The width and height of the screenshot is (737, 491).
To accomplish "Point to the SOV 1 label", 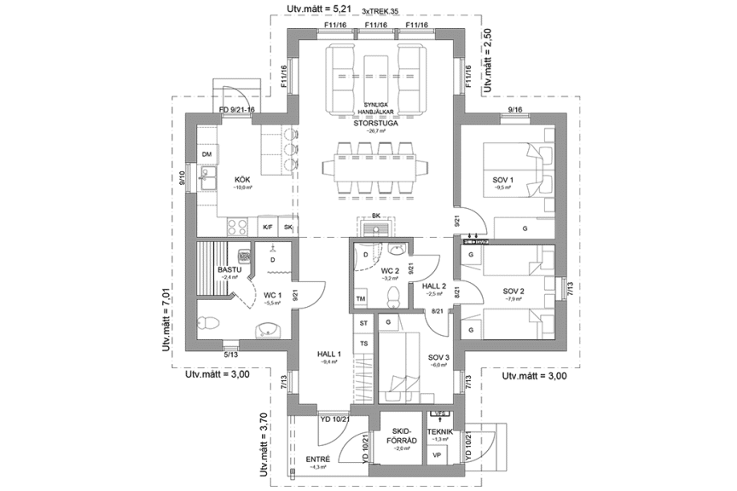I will click(x=503, y=180).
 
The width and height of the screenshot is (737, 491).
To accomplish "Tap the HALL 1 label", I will click(x=329, y=354).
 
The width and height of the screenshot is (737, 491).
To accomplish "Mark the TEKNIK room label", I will click(x=440, y=432).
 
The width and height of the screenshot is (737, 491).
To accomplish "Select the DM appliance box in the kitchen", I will click(x=206, y=154).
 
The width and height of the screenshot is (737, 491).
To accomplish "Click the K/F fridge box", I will click(x=267, y=228).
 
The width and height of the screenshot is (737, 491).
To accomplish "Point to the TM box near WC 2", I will click(x=361, y=299).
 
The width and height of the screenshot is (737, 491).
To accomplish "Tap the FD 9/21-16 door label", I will click(x=237, y=111).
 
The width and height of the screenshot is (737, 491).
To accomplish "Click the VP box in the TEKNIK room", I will click(x=438, y=455).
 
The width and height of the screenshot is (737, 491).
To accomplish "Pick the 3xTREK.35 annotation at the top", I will click(x=380, y=11).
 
